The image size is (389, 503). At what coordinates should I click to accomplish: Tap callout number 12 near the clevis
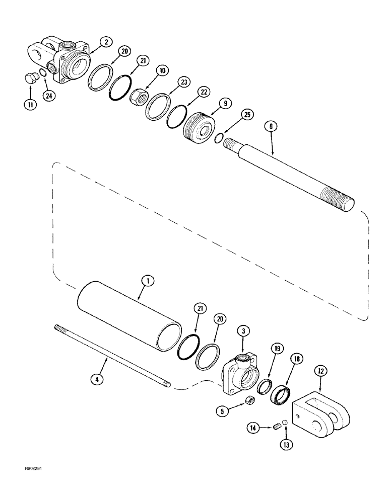pyautogui.click(x=321, y=371)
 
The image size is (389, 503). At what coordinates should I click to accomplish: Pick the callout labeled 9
pyautogui.click(x=225, y=103)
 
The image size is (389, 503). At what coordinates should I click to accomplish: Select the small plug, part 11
pyautogui.click(x=31, y=79)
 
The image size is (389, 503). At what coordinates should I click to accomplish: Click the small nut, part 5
pyautogui.click(x=248, y=400)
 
